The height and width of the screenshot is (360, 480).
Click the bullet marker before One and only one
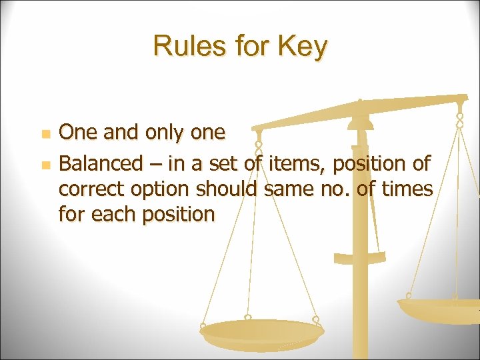tap(45, 134)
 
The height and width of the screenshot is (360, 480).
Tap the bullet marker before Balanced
tap(45, 163)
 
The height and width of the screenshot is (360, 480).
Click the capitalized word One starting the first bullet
tap(79, 133)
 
